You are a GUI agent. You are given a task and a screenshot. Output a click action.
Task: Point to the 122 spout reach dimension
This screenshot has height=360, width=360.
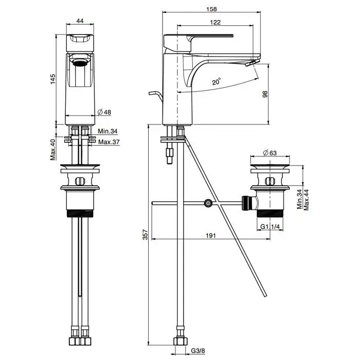(216, 22)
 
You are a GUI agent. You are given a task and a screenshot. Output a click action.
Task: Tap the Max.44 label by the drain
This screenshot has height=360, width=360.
(307, 199)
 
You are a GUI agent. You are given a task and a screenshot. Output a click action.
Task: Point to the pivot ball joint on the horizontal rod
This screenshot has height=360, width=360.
(208, 203)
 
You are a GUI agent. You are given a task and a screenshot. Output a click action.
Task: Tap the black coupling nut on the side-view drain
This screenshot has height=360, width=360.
(246, 203)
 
